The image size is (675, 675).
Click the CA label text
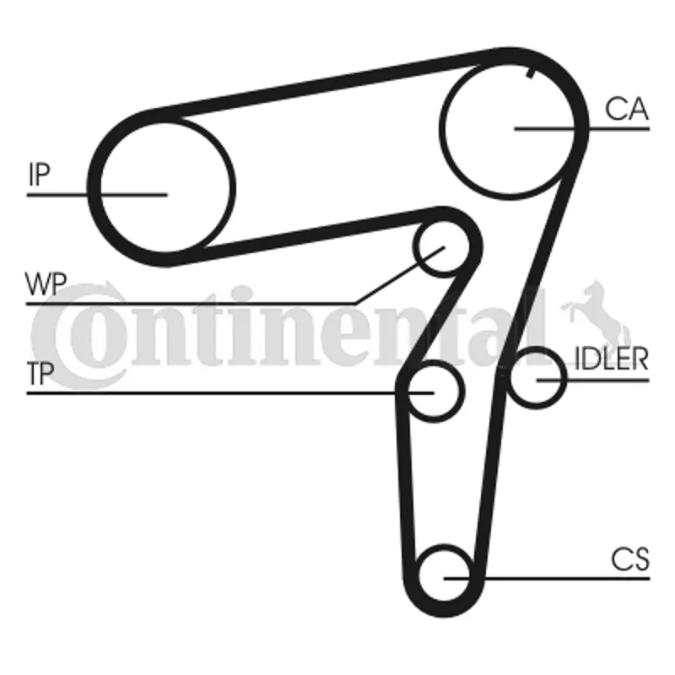626,109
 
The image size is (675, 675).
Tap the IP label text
39,175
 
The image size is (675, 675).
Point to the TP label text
40,373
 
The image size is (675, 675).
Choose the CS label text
630,559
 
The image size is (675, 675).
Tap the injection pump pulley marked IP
165,187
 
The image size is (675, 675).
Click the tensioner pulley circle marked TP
434,391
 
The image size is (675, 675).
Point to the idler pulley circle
537,378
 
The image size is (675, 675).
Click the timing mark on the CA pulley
532,73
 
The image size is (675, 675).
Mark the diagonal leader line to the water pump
399,275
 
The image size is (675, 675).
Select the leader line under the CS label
547,579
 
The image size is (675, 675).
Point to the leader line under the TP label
229,393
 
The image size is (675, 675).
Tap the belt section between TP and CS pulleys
407,482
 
